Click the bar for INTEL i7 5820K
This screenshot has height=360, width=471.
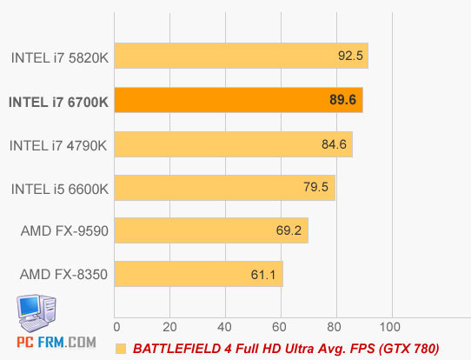pos(242,57)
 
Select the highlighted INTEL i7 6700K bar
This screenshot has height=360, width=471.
pos(239,101)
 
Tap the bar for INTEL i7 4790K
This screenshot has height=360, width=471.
pos(234,144)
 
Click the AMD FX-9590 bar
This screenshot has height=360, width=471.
pos(211,231)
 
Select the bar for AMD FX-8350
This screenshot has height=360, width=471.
pos(199,275)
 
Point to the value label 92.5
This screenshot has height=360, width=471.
pos(351,57)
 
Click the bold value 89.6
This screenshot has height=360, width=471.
pos(343,101)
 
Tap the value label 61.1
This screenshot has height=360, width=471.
pos(264,276)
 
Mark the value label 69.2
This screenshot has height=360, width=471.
pos(288,232)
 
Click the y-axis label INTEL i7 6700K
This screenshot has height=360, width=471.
pos(58,102)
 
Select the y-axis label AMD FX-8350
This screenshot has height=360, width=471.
pos(63,276)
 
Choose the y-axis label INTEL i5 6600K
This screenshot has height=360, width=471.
pos(59,189)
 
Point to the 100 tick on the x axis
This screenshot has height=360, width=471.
pos(391,326)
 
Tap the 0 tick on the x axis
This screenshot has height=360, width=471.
pos(116,326)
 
